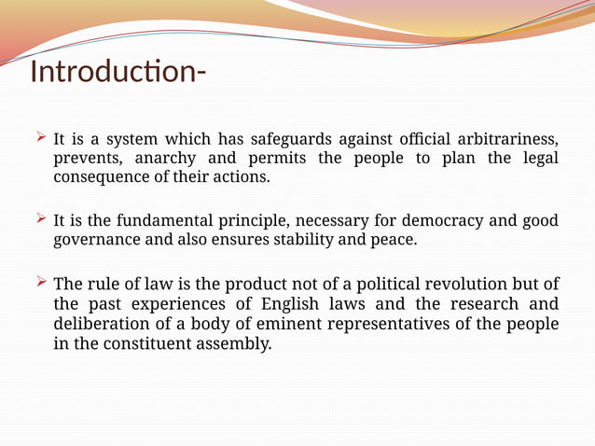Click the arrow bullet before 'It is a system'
click(x=40, y=138)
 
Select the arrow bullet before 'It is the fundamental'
click(x=40, y=219)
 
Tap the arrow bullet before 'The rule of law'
click(x=40, y=283)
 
